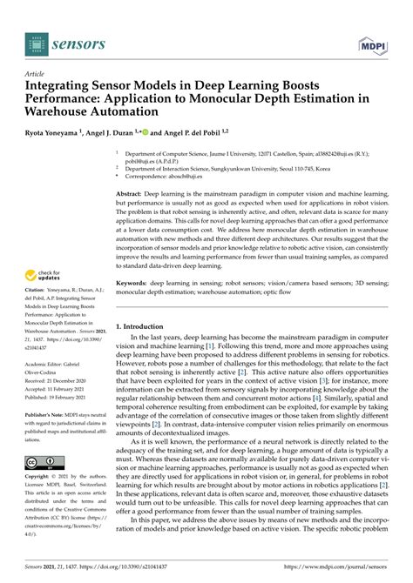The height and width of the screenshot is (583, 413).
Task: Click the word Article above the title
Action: (37, 75)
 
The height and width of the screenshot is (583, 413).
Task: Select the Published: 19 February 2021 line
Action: (63, 398)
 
